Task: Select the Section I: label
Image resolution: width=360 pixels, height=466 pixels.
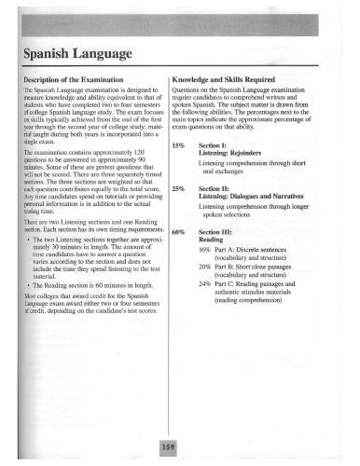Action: (215, 145)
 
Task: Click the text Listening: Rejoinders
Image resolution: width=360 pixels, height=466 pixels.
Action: (234, 154)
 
